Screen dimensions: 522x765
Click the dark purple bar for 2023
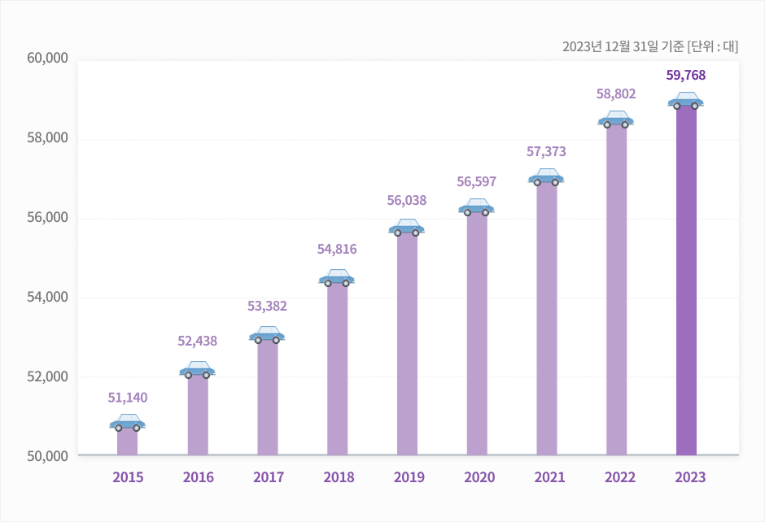click(686, 281)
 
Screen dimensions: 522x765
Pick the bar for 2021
click(546, 318)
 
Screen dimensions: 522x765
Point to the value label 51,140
click(128, 398)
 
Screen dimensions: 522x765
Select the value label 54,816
click(337, 249)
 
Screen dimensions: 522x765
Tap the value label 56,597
click(476, 181)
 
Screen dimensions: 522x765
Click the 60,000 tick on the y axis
click(46, 59)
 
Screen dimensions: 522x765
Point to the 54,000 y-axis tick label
click(46, 298)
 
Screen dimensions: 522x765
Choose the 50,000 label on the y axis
click(46, 456)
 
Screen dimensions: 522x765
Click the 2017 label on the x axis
click(268, 477)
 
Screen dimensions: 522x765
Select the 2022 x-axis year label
click(616, 477)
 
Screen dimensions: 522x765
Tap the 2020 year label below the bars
click(476, 477)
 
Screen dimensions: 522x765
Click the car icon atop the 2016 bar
click(197, 370)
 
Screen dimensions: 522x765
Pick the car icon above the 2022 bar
click(616, 120)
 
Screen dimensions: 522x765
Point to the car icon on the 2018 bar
click(337, 278)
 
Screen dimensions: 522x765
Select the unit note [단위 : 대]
click(713, 46)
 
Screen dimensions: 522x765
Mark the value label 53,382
click(267, 306)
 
